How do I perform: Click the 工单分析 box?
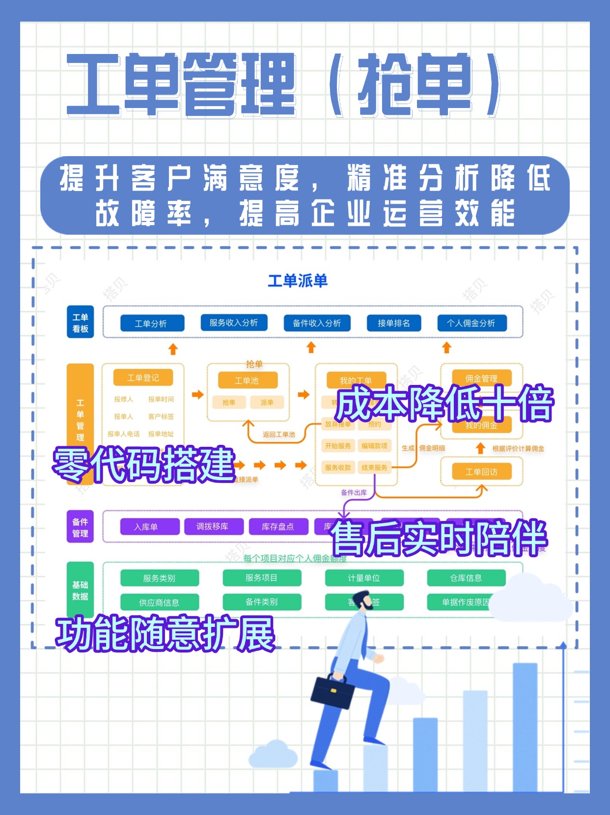(152, 324)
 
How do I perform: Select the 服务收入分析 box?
(234, 323)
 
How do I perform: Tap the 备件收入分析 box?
(317, 323)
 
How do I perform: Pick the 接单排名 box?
(393, 323)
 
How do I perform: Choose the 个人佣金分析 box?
(471, 323)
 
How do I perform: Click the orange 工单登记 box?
(143, 378)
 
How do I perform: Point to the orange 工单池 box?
(247, 380)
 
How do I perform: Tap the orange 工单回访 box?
(481, 472)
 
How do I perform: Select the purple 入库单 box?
(146, 527)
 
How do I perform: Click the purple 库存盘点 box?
(278, 527)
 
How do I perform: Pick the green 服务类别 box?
(159, 578)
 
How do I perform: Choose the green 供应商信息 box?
(159, 602)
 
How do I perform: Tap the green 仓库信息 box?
(466, 578)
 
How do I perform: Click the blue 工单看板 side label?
(80, 323)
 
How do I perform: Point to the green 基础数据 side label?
(80, 590)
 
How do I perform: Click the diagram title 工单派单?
(298, 281)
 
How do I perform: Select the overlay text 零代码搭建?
(143, 464)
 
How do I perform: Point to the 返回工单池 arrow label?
(279, 435)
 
